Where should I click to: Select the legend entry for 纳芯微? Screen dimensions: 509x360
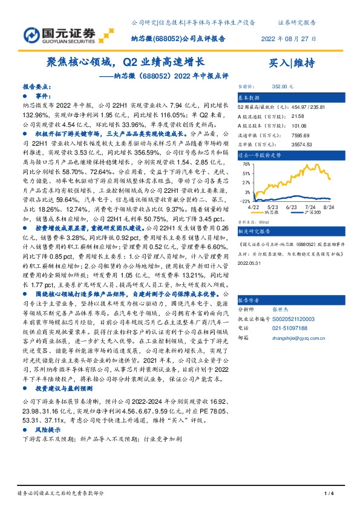[x=273, y=213]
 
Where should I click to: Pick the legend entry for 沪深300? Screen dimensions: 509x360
[x=310, y=213]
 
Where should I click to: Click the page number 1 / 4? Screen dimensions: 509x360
[x=329, y=495]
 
